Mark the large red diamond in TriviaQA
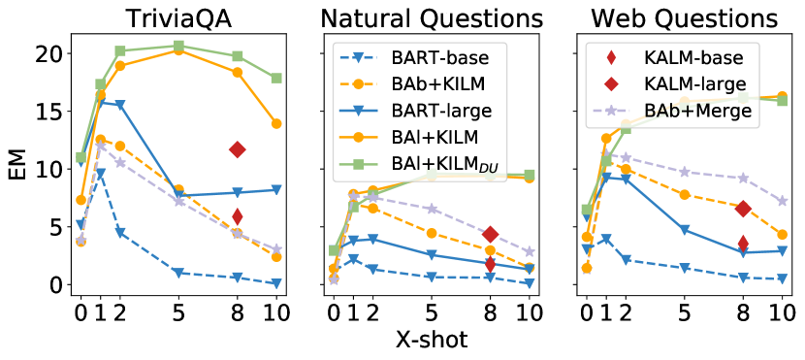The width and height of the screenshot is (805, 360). [237, 149]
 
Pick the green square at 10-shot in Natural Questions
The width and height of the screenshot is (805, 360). [529, 175]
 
